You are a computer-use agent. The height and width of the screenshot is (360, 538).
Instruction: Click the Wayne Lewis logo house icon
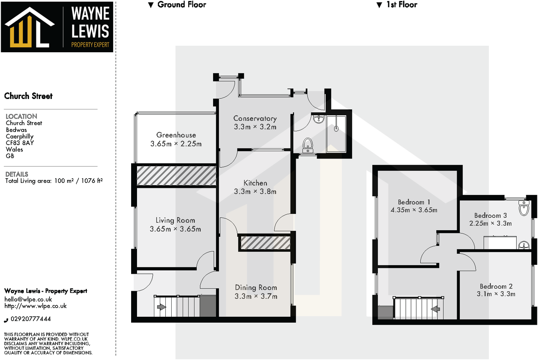point(29,28)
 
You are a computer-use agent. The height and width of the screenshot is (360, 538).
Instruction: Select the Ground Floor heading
point(181,5)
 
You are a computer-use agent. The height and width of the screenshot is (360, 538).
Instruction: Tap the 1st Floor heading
point(401,5)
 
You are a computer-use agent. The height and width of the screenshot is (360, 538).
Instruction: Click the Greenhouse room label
point(176,135)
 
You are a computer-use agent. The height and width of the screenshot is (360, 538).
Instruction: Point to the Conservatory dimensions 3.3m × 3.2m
point(255,127)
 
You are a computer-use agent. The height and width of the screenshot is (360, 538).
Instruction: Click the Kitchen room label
point(255,183)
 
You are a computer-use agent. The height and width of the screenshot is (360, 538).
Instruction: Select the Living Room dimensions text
point(175,229)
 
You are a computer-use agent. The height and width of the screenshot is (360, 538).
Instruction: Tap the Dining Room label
point(256,287)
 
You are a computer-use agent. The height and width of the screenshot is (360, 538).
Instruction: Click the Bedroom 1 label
point(414,202)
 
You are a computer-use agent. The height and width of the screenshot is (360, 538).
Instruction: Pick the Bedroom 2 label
point(496,286)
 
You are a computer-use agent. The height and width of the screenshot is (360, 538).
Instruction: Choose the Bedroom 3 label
point(490,215)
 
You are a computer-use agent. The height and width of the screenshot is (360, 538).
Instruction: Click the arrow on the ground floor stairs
point(161,307)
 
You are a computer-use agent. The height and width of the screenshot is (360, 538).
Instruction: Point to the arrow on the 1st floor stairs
point(435,308)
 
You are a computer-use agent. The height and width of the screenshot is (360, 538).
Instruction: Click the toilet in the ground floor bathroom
point(308,145)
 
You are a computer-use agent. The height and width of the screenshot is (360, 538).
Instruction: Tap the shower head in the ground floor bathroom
point(336,128)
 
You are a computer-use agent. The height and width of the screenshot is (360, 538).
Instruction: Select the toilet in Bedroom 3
point(524,208)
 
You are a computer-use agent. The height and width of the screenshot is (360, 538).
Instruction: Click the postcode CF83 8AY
point(20,143)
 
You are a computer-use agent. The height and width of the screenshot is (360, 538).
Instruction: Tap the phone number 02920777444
point(30,319)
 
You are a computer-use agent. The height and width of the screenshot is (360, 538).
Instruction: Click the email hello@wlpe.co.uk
point(28,299)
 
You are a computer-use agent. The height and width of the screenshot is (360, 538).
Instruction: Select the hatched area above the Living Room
point(176,175)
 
